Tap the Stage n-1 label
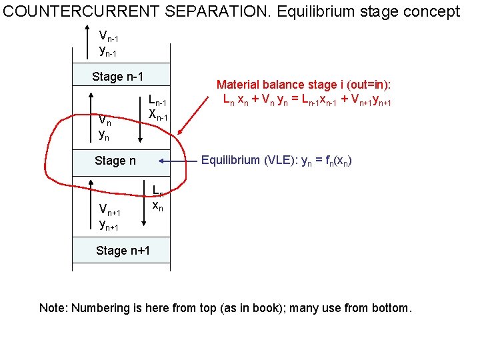coord(118,77)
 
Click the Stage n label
coord(115,160)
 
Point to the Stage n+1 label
coord(123,251)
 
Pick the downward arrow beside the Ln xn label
coord(146,203)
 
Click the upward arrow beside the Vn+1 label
coord(91,203)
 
